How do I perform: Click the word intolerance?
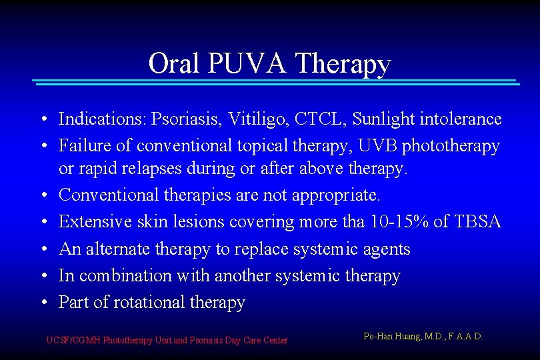tap(460, 119)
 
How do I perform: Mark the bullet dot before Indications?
tap(43, 120)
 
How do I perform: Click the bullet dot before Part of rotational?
tap(43, 303)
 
